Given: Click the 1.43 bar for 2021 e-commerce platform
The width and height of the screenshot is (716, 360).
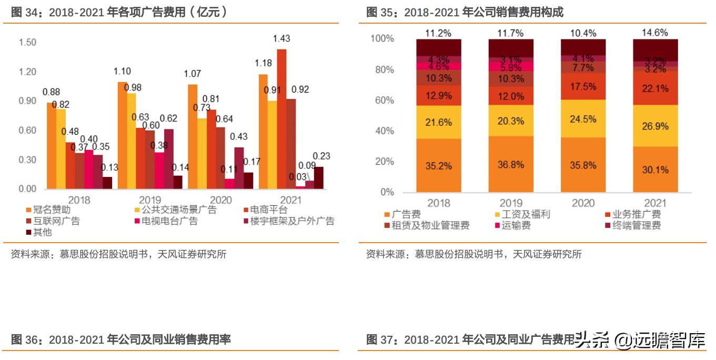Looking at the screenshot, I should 281,119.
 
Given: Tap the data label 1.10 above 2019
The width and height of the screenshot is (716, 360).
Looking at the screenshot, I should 122,72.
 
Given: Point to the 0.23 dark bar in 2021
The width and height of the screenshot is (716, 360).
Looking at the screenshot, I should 319,178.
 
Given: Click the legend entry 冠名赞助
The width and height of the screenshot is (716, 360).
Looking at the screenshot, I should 51,210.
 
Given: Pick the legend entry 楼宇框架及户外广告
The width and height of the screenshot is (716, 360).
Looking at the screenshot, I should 287,221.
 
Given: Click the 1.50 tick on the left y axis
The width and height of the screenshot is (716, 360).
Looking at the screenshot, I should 27,42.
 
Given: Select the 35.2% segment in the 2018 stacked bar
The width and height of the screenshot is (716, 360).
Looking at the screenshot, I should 438,166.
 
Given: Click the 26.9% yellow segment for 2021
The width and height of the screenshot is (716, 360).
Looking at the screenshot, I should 655,126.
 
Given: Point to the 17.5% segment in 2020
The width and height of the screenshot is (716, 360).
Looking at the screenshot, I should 583,86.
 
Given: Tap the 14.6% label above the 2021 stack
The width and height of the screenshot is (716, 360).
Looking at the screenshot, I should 655,33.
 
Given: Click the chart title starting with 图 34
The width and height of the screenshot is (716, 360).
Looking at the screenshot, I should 118,12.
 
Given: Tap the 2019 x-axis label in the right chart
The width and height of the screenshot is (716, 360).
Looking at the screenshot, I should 511,203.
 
